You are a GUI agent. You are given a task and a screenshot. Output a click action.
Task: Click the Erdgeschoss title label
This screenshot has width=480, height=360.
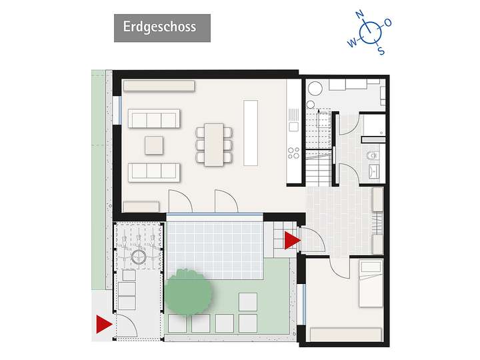pyautogui.click(x=162, y=27)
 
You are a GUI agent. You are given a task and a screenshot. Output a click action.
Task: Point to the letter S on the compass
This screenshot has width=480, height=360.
pyautogui.click(x=381, y=50)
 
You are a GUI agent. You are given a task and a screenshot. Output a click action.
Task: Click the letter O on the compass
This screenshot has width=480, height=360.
pyautogui.click(x=388, y=23)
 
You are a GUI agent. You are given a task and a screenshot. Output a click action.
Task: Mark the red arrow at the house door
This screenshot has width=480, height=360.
pyautogui.click(x=292, y=240)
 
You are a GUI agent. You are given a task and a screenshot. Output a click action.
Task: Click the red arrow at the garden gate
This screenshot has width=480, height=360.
pyautogui.click(x=103, y=325)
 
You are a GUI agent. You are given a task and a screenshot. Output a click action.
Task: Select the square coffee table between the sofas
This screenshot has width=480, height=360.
pyautogui.click(x=154, y=145)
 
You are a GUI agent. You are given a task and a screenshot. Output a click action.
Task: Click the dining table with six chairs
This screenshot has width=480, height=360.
pyautogui.click(x=214, y=143)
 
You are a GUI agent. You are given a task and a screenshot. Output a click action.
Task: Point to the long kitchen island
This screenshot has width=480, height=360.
pyautogui.click(x=251, y=133)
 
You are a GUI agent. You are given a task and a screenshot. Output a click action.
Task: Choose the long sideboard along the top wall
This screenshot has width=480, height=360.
pyautogui.click(x=159, y=87)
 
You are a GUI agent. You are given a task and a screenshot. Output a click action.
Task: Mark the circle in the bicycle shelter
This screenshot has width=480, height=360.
pyautogui.click(x=139, y=256)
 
